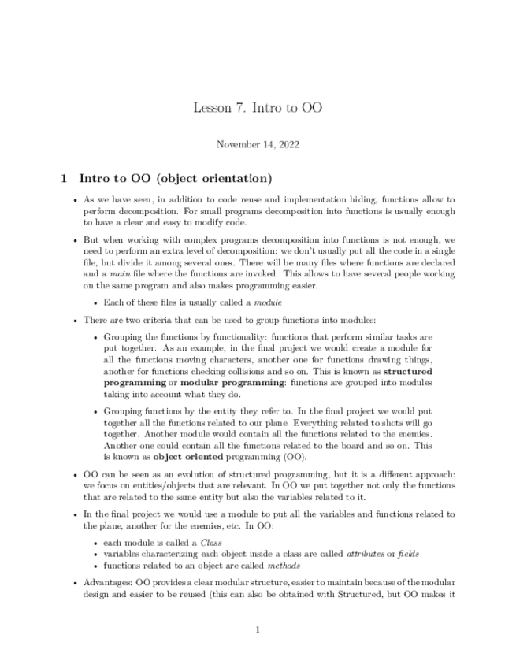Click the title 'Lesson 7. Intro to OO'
click(x=258, y=107)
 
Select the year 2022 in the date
click(x=287, y=144)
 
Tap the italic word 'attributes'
click(x=369, y=554)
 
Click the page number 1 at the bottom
click(x=258, y=629)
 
